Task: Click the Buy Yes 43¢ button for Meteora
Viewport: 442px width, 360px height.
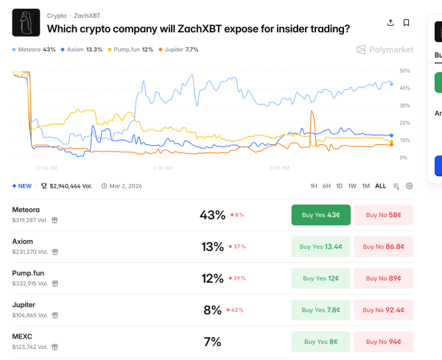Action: [321, 215]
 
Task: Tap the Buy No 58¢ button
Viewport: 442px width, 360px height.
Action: [384, 215]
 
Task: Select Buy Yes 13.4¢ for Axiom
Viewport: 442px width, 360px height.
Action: [321, 247]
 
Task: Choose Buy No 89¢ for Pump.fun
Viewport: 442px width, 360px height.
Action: [384, 278]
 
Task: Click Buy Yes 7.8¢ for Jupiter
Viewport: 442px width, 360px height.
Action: [321, 310]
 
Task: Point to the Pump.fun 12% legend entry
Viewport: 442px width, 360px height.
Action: [131, 49]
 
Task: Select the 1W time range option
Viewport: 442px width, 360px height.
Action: [352, 186]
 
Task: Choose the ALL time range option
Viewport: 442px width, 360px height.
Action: [380, 186]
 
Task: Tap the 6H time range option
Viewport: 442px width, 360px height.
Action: [326, 186]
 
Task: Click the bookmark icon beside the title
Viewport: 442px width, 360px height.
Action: [406, 23]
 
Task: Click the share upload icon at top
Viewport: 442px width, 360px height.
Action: [390, 23]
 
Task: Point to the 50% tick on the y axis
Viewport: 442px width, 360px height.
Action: [404, 71]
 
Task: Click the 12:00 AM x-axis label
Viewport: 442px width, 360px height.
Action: [46, 168]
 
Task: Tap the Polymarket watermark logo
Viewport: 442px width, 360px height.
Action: [385, 49]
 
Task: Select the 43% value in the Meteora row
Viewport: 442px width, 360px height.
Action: [212, 215]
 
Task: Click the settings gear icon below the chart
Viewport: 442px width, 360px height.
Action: [410, 186]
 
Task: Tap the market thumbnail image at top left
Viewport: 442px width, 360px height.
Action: [26, 23]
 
